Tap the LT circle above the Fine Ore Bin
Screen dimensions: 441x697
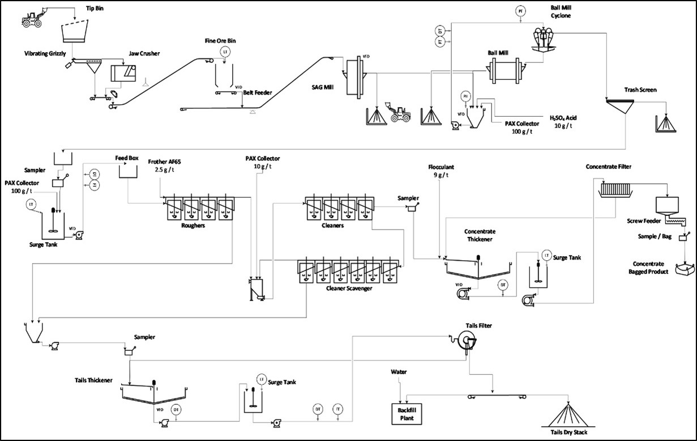pos(225,52)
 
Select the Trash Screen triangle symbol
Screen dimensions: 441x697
pos(622,105)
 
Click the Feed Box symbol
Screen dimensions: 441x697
pos(129,170)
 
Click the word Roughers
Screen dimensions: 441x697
pos(193,225)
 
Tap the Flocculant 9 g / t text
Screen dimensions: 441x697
pos(442,171)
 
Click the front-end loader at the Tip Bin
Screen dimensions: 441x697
pos(35,18)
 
